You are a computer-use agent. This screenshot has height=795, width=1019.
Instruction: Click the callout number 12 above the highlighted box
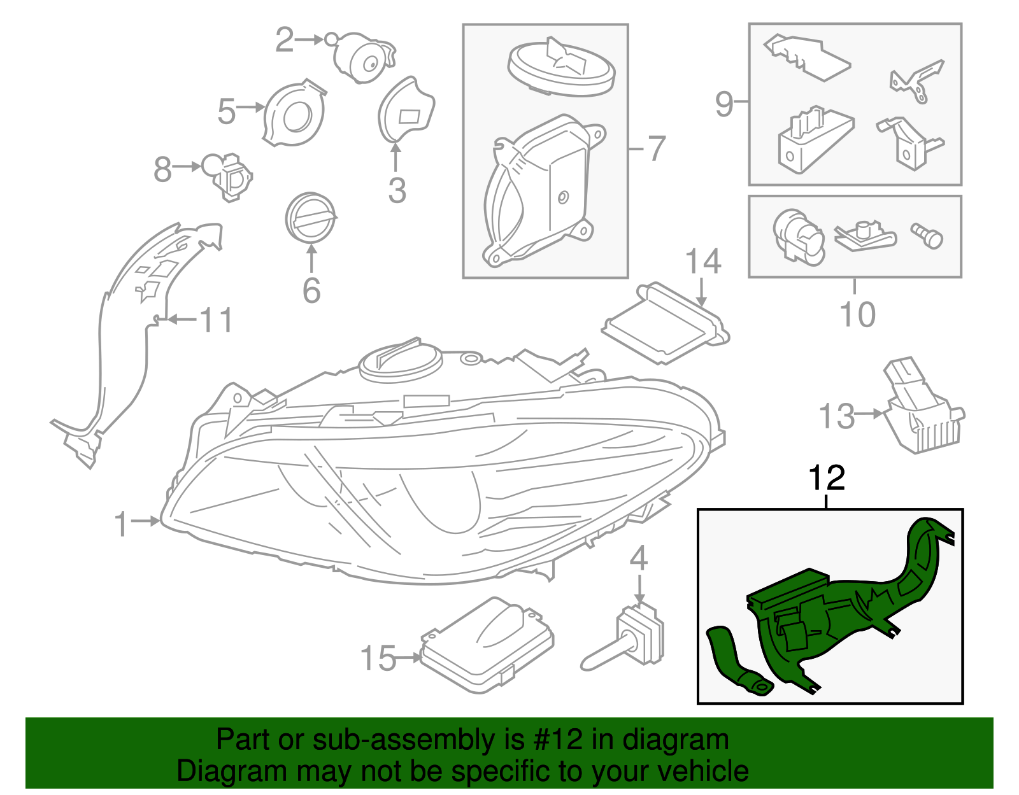click(826, 479)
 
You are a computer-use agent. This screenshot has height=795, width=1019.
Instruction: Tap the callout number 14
click(702, 262)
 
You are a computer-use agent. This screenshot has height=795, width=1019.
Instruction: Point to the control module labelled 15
click(487, 646)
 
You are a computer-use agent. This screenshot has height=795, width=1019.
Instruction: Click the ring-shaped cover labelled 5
click(294, 115)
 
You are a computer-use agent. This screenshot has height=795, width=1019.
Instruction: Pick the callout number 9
click(724, 103)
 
